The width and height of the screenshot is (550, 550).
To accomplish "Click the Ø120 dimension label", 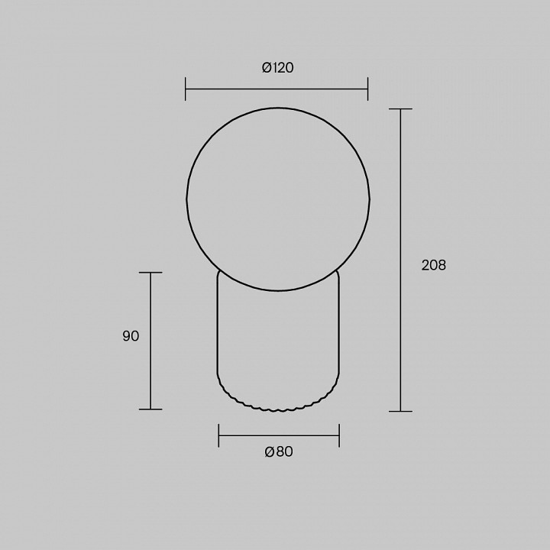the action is pyautogui.click(x=278, y=67).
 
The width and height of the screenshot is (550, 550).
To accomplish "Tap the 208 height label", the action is pyautogui.click(x=434, y=265).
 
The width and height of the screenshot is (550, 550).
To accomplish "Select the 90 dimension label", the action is pyautogui.click(x=131, y=336).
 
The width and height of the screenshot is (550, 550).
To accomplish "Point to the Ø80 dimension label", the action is pyautogui.click(x=279, y=451).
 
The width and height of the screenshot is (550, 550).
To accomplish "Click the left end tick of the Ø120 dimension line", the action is pyautogui.click(x=185, y=89).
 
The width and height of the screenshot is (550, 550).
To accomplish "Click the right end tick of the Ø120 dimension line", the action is pyautogui.click(x=367, y=89).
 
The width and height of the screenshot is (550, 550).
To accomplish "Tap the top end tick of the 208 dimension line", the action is pyautogui.click(x=400, y=109).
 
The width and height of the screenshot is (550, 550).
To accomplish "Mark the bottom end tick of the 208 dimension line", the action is pyautogui.click(x=400, y=411).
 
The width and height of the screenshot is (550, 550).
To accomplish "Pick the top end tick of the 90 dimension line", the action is pyautogui.click(x=150, y=273).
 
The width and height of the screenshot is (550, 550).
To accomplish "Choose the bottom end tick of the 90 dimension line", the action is pyautogui.click(x=150, y=409).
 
